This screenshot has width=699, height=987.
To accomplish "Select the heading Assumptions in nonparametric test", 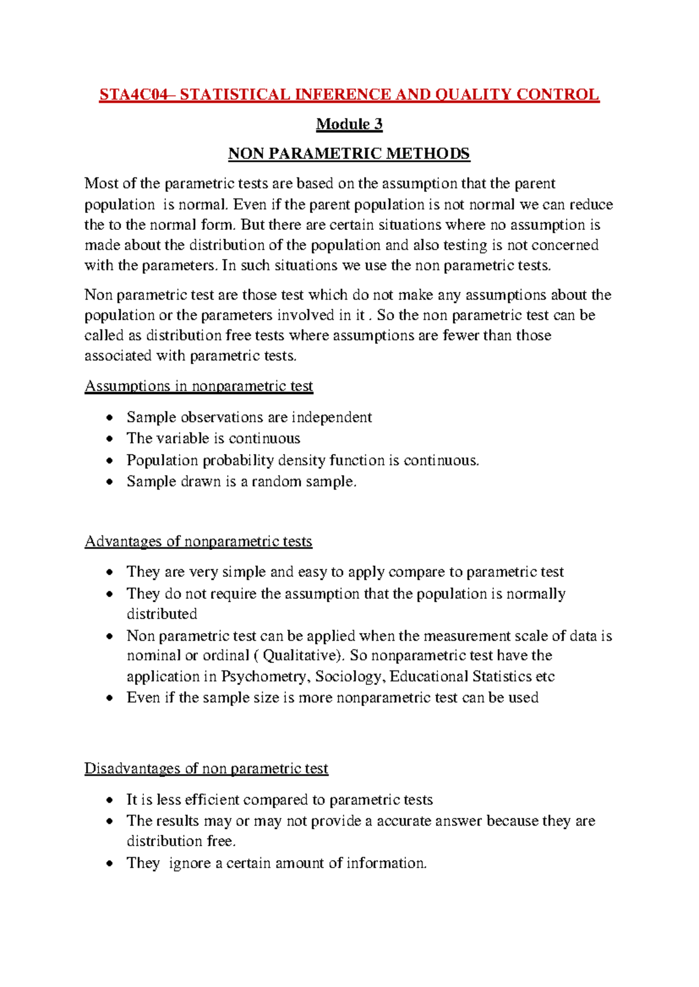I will [x=199, y=386].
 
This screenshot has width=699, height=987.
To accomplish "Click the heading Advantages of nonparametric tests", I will [x=198, y=541].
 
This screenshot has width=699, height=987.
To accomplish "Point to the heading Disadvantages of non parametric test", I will [x=206, y=769].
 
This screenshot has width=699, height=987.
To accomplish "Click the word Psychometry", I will [x=265, y=677].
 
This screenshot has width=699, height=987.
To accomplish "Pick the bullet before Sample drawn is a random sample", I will [x=110, y=482].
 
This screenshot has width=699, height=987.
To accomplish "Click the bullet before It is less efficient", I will [x=110, y=801].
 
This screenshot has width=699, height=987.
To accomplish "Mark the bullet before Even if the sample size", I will [x=110, y=698].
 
